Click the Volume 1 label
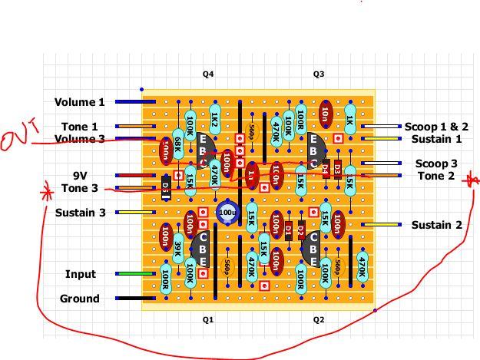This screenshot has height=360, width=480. [79, 102]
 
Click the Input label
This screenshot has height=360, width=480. [81, 274]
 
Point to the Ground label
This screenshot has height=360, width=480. [79, 299]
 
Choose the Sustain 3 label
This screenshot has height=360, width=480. [80, 213]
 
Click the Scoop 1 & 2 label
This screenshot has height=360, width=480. [436, 127]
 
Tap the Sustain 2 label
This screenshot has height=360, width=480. [436, 225]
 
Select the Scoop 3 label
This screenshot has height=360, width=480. [436, 163]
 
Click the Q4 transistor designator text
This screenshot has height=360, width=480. [208, 74]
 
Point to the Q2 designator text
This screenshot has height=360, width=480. [319, 319]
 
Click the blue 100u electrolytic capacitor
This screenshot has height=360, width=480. [227, 213]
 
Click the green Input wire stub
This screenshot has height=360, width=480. [135, 273]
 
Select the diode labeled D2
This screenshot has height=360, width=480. [301, 230]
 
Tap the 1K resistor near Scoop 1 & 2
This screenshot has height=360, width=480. [350, 119]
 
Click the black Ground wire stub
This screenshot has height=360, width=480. [135, 298]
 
